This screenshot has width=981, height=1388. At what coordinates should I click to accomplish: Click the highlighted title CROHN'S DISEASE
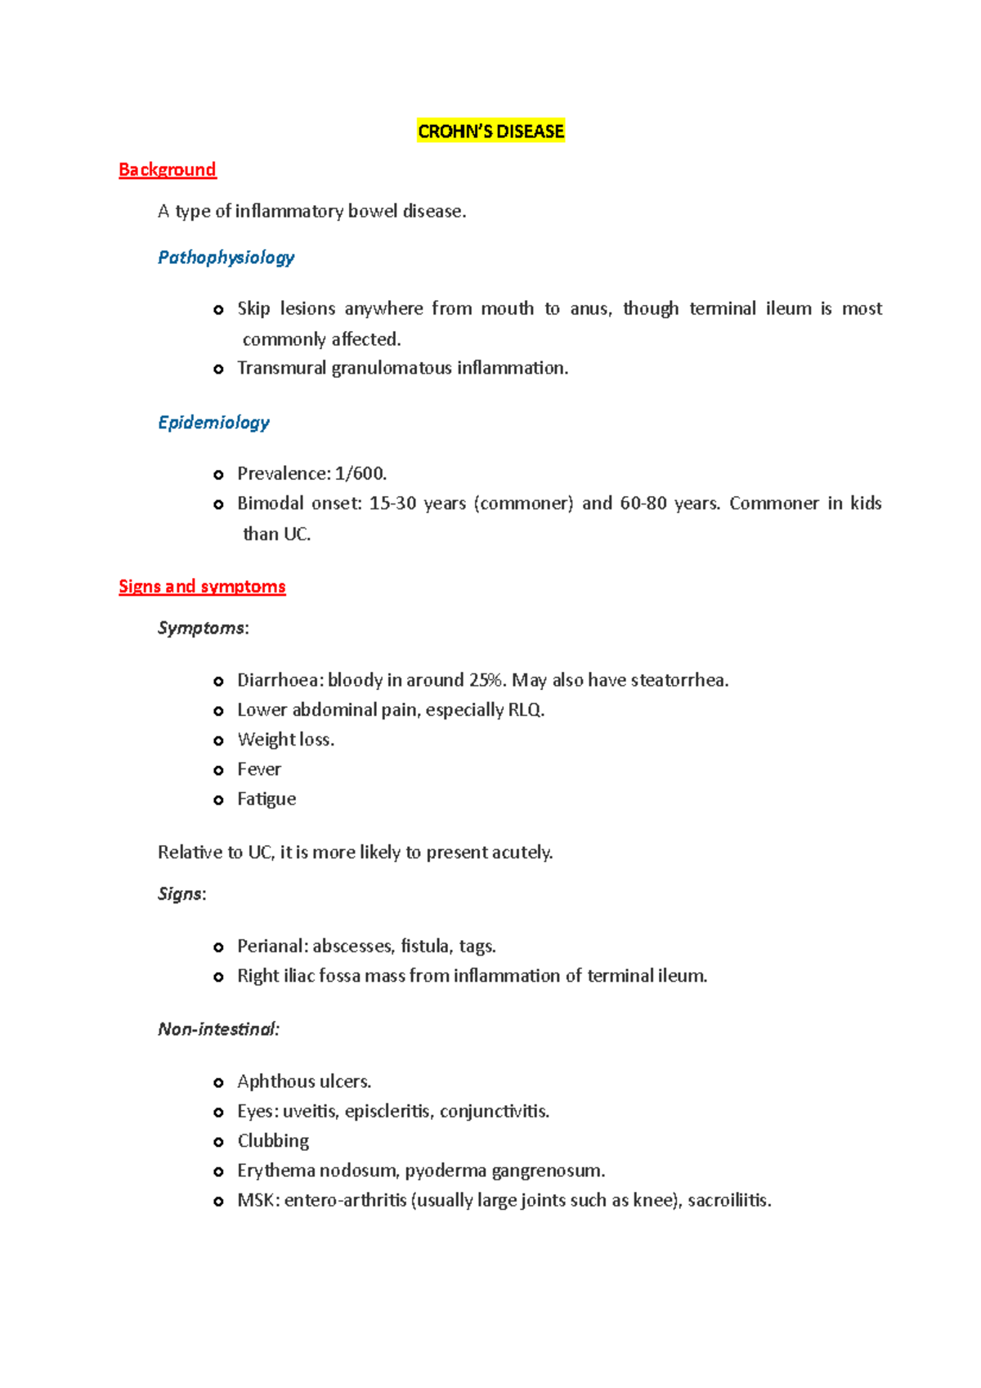point(490,132)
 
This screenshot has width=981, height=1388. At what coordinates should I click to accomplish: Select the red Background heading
point(167,170)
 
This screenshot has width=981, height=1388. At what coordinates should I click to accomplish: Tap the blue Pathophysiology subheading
point(226,257)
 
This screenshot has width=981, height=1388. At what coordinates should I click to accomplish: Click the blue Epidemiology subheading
point(213,423)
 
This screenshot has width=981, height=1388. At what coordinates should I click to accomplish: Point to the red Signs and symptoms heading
point(202,587)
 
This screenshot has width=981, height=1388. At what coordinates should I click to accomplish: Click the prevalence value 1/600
point(360,474)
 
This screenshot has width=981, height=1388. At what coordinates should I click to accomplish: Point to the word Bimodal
point(269,504)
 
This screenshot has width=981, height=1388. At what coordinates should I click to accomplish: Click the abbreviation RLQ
point(525,710)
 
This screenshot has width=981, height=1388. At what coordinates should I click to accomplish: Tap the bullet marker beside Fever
point(218,770)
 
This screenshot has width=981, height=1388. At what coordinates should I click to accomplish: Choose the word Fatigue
point(267,799)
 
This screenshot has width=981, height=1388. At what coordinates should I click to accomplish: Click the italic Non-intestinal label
point(218,1029)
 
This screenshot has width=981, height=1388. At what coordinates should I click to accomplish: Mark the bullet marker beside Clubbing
point(218,1142)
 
